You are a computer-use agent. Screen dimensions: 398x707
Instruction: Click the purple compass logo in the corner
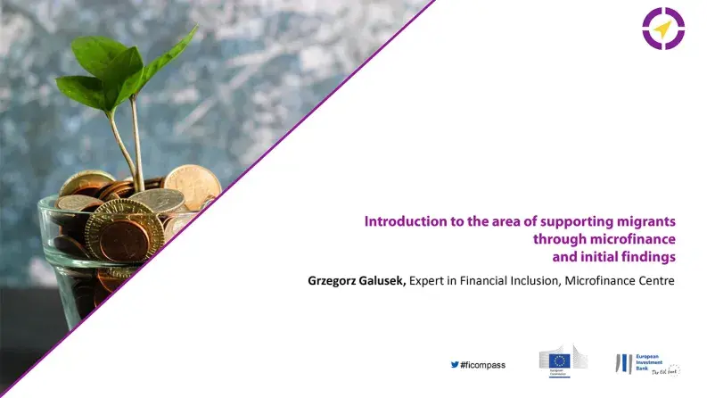tap(662, 29)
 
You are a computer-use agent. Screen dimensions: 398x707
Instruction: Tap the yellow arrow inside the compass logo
tap(662, 29)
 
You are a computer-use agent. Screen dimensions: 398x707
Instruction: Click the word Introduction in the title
tap(406, 221)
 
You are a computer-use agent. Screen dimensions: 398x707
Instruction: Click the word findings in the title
tap(648, 257)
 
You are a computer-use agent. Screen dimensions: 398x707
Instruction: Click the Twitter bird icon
tap(454, 365)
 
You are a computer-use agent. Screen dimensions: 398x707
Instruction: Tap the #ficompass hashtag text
tap(482, 365)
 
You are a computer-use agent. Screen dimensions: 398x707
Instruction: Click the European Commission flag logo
tap(561, 361)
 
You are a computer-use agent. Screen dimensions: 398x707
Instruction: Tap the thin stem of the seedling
tap(136, 143)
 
